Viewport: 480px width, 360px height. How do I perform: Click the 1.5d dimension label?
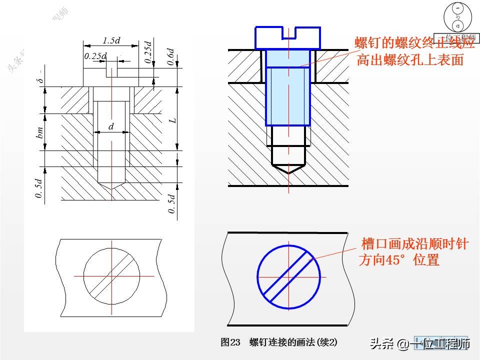click(x=111, y=40)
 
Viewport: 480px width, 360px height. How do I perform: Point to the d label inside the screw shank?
click(x=111, y=127)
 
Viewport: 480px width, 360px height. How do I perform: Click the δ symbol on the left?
click(x=42, y=78)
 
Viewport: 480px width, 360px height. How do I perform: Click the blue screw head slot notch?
click(x=288, y=33)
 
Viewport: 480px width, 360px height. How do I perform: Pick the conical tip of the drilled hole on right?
click(x=288, y=169)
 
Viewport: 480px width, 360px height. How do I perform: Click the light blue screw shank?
click(x=288, y=95)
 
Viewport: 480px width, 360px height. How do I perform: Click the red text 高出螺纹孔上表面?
click(x=410, y=60)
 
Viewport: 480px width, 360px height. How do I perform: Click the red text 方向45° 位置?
click(x=399, y=260)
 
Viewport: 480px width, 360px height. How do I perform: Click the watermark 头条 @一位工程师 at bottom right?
click(x=420, y=343)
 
